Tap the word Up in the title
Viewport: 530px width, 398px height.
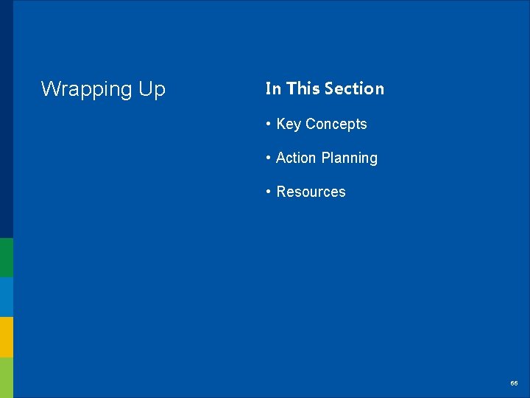(149, 90)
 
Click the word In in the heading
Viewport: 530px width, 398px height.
(273, 88)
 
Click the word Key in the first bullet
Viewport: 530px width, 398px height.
(289, 125)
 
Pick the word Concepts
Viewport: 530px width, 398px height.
(336, 125)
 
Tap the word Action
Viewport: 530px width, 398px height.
(297, 158)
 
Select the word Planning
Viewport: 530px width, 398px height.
(350, 158)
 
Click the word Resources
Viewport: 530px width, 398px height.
(311, 192)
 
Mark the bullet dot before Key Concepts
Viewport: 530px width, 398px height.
(269, 125)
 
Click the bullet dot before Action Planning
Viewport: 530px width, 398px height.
(269, 158)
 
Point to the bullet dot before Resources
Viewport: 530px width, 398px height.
(269, 192)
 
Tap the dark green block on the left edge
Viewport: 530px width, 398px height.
(6, 257)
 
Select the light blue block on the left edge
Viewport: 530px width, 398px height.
(6, 297)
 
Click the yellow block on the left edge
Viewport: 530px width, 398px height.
(6, 337)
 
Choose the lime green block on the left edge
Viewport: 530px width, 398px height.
(6, 377)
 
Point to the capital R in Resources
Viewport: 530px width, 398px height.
(281, 192)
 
